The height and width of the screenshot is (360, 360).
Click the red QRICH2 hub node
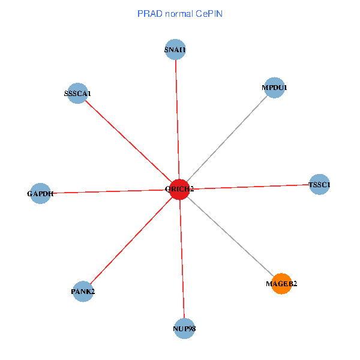pyautogui.click(x=179, y=189)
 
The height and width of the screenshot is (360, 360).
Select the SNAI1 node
pyautogui.click(x=175, y=50)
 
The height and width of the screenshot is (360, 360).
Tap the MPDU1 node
pyautogui.click(x=274, y=88)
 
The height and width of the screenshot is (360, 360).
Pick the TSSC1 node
pyautogui.click(x=319, y=185)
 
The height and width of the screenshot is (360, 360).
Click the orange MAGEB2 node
pyautogui.click(x=281, y=283)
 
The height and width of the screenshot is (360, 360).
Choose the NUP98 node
pyautogui.click(x=184, y=328)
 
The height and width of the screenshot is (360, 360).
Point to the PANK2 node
pyautogui.click(x=83, y=292)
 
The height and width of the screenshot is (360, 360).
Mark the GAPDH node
pyautogui.click(x=40, y=193)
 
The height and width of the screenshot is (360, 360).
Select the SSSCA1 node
pyautogui.click(x=77, y=93)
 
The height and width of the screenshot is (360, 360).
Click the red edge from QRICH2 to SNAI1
pyautogui.click(x=177, y=120)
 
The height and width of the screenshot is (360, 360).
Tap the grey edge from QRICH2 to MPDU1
pyautogui.click(x=227, y=138)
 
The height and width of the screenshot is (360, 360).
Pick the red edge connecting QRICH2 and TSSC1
pyautogui.click(x=249, y=187)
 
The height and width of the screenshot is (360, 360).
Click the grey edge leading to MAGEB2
pyautogui.click(x=230, y=236)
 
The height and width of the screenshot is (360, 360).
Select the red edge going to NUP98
pyautogui.click(x=182, y=258)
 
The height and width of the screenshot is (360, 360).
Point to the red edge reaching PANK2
pyautogui.click(x=131, y=241)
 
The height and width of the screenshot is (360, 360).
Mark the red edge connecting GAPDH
pyautogui.click(x=110, y=191)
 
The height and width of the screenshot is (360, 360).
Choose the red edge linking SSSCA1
pyautogui.click(x=128, y=141)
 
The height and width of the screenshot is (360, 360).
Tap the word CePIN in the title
pyautogui.click(x=209, y=13)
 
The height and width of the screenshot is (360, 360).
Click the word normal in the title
pyautogui.click(x=178, y=13)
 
